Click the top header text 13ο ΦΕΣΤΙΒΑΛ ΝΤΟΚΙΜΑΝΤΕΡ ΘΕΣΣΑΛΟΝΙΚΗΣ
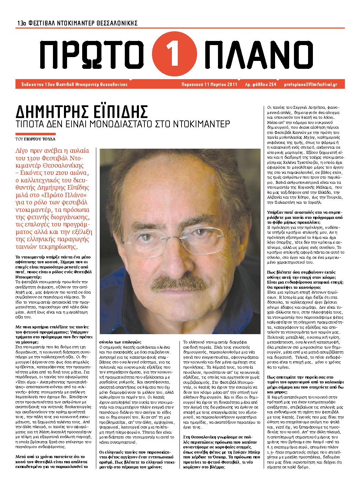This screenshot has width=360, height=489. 78,23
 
